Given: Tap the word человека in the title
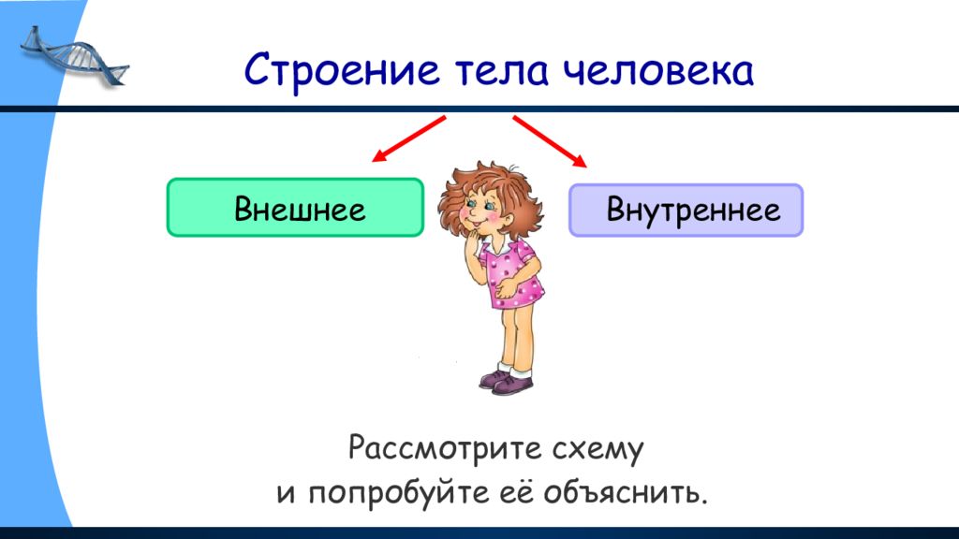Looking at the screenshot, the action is coord(657,69).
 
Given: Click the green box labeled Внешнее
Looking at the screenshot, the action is coord(295,207).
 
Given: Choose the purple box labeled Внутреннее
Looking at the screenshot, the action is coord(686,210).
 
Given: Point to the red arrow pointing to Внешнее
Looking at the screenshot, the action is coord(408,138).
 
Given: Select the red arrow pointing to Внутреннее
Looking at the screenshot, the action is coord(550,141).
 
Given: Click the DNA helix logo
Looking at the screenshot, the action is coord(74,57).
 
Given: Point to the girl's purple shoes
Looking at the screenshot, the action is coord(507,381).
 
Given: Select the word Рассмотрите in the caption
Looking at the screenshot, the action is coord(445,449).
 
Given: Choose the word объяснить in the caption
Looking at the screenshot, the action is coord(625,492).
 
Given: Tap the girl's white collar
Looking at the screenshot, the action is coord(496,246).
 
